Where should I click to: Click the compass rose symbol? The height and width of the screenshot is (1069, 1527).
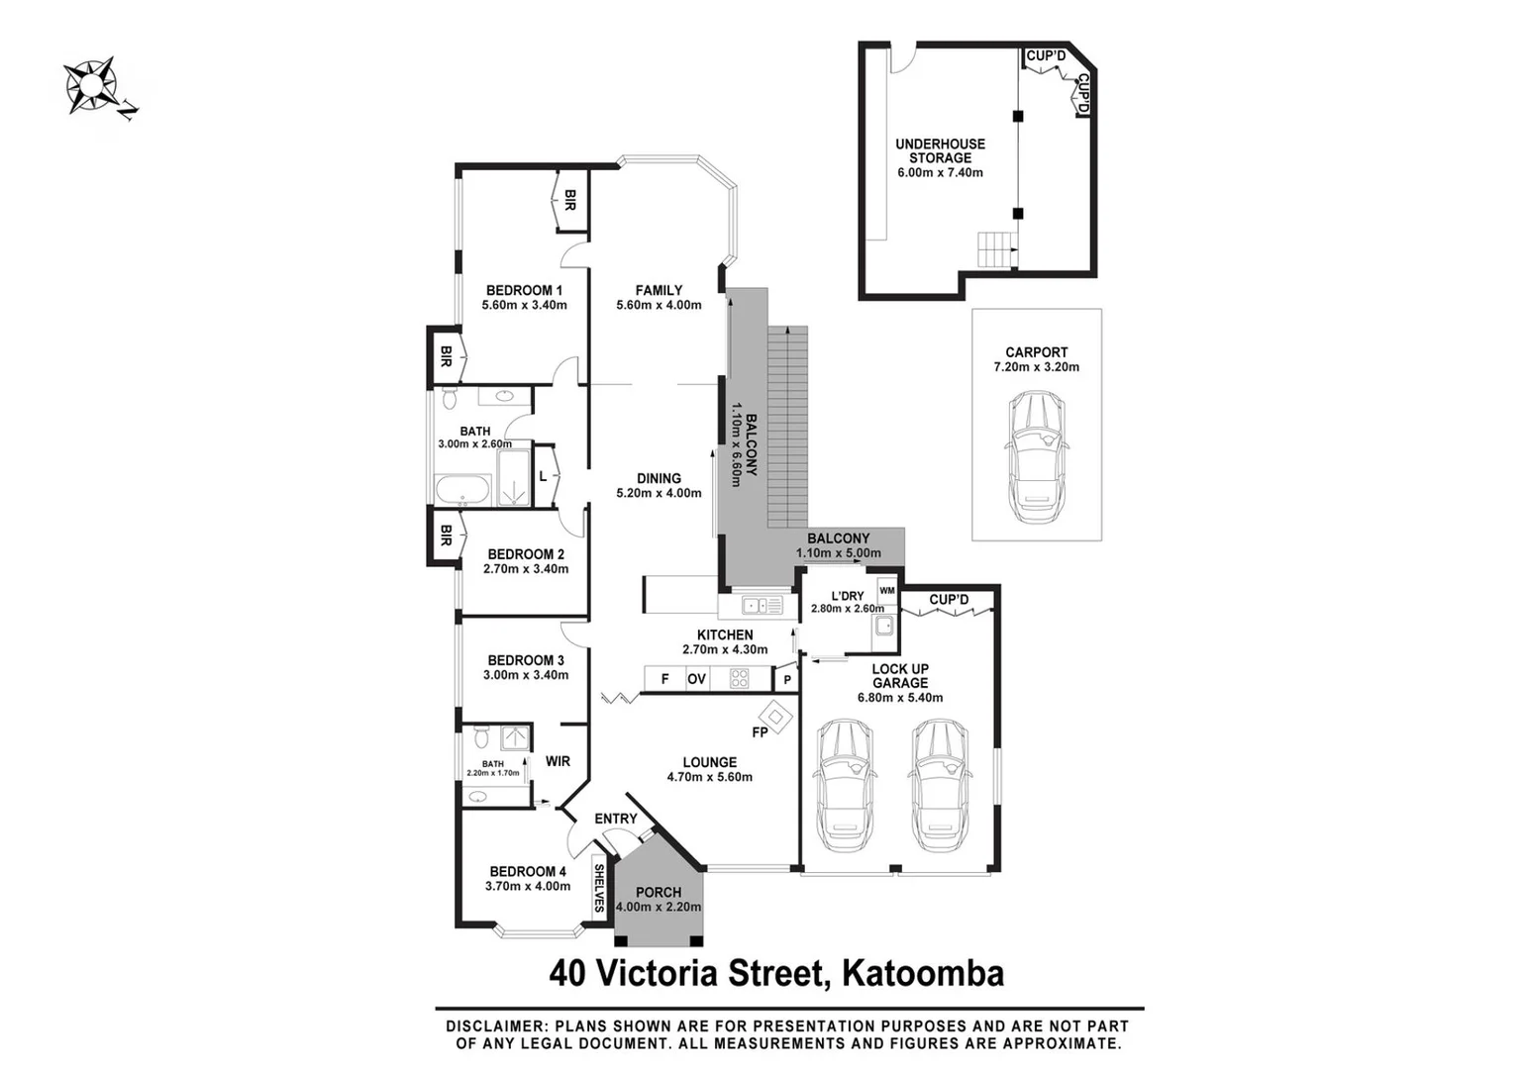[x=89, y=85]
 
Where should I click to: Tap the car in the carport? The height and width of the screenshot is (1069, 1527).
[x=1036, y=456]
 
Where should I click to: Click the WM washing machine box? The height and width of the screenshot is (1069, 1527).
[x=886, y=591]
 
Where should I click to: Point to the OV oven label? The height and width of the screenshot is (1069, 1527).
[x=697, y=679]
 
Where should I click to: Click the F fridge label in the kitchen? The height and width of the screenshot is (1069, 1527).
[x=664, y=679]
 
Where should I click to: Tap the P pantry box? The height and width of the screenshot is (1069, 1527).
[x=787, y=680]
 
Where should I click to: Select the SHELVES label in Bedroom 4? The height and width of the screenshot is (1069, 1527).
[x=599, y=888]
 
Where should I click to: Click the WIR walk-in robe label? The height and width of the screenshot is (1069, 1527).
[x=558, y=761]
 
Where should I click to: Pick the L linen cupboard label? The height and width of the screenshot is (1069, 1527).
[x=543, y=476]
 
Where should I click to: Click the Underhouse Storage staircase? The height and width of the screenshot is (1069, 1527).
[x=996, y=249]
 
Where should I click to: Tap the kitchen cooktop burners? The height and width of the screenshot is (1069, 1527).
[x=739, y=679]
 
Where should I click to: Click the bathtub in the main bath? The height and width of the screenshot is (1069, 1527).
[x=461, y=490]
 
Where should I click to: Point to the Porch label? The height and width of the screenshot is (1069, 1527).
[x=659, y=892]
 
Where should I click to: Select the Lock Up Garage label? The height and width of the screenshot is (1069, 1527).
[x=900, y=676]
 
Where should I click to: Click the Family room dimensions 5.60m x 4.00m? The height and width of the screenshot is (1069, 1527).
[x=659, y=305]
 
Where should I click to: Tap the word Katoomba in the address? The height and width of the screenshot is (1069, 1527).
[x=922, y=973]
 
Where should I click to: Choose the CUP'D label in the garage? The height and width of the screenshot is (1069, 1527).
[x=949, y=600]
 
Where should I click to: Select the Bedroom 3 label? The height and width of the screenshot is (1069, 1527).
[x=526, y=660]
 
